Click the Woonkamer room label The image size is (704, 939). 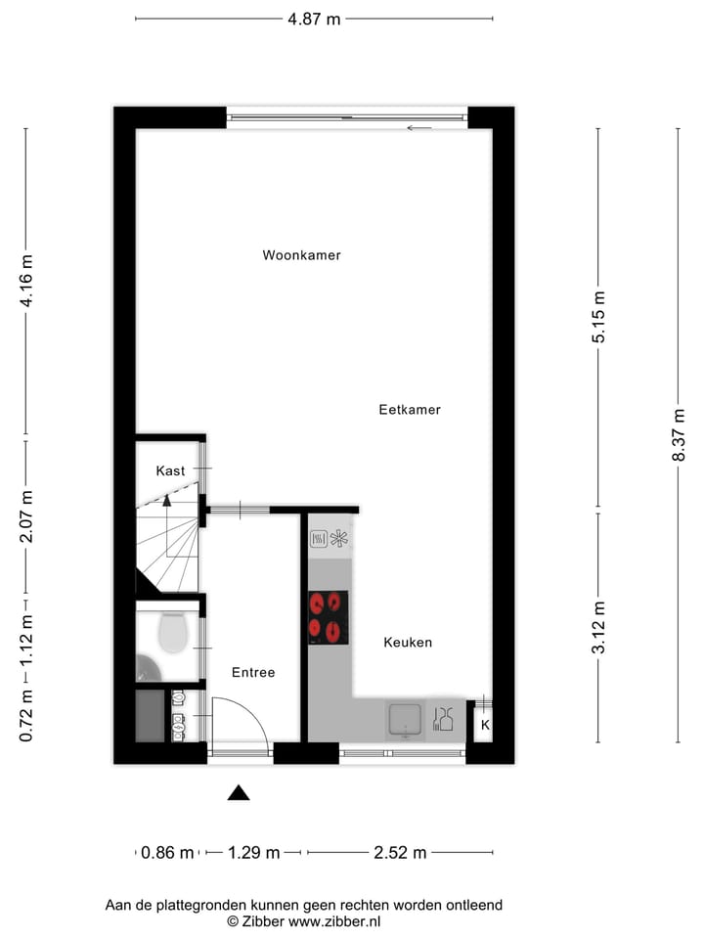[301, 255]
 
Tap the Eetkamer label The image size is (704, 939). [410, 410]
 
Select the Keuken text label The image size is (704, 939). [408, 643]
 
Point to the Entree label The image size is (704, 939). [253, 672]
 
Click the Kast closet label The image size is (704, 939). [170, 470]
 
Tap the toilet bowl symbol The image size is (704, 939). [172, 632]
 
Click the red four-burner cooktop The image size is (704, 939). [329, 617]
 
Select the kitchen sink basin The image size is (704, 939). [404, 720]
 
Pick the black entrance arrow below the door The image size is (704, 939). [239, 792]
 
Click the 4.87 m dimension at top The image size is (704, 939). [314, 19]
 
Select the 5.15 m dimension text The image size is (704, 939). [599, 317]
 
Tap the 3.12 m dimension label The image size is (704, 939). [599, 627]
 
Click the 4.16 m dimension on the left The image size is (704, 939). [26, 282]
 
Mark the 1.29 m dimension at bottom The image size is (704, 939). [254, 853]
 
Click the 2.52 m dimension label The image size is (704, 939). [401, 853]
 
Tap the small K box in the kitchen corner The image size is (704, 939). [485, 726]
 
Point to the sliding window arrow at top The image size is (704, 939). [419, 128]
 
